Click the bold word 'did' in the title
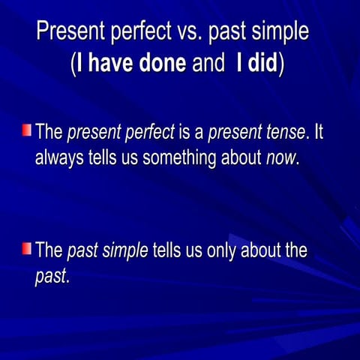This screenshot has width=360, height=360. [263, 64]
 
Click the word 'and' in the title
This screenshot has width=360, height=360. [208, 64]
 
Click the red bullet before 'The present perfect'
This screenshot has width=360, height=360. [27, 131]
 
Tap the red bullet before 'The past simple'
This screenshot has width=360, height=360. [27, 247]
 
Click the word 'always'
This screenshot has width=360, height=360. [58, 159]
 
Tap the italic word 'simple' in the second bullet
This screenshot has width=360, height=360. [124, 250]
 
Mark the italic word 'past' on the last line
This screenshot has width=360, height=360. [51, 277]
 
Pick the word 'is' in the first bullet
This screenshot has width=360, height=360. [184, 133]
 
